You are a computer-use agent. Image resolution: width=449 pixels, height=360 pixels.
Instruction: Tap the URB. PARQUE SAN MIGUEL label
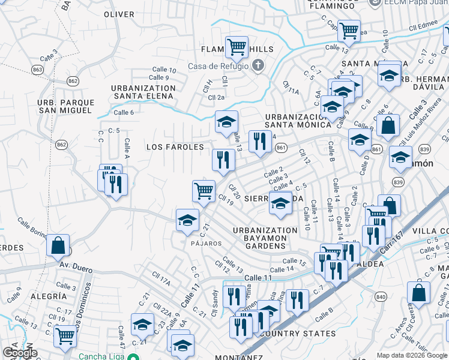pyautogui.click(x=65, y=106)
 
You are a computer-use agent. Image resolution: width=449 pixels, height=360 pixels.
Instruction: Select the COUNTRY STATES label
pyautogui.click(x=299, y=334)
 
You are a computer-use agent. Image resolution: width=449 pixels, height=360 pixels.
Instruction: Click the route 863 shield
pyautogui.click(x=38, y=70)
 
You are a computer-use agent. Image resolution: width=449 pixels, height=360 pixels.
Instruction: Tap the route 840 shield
pyautogui.click(x=380, y=296)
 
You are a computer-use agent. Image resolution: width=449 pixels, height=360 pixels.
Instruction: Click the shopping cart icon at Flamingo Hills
pyautogui.click(x=237, y=46)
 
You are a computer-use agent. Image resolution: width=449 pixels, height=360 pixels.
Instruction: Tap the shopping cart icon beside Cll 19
pyautogui.click(x=203, y=191)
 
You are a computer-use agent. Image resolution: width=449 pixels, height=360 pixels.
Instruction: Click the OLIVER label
pyautogui.click(x=119, y=14)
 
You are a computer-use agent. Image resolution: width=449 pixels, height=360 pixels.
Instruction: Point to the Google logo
pyautogui.click(x=20, y=353)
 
